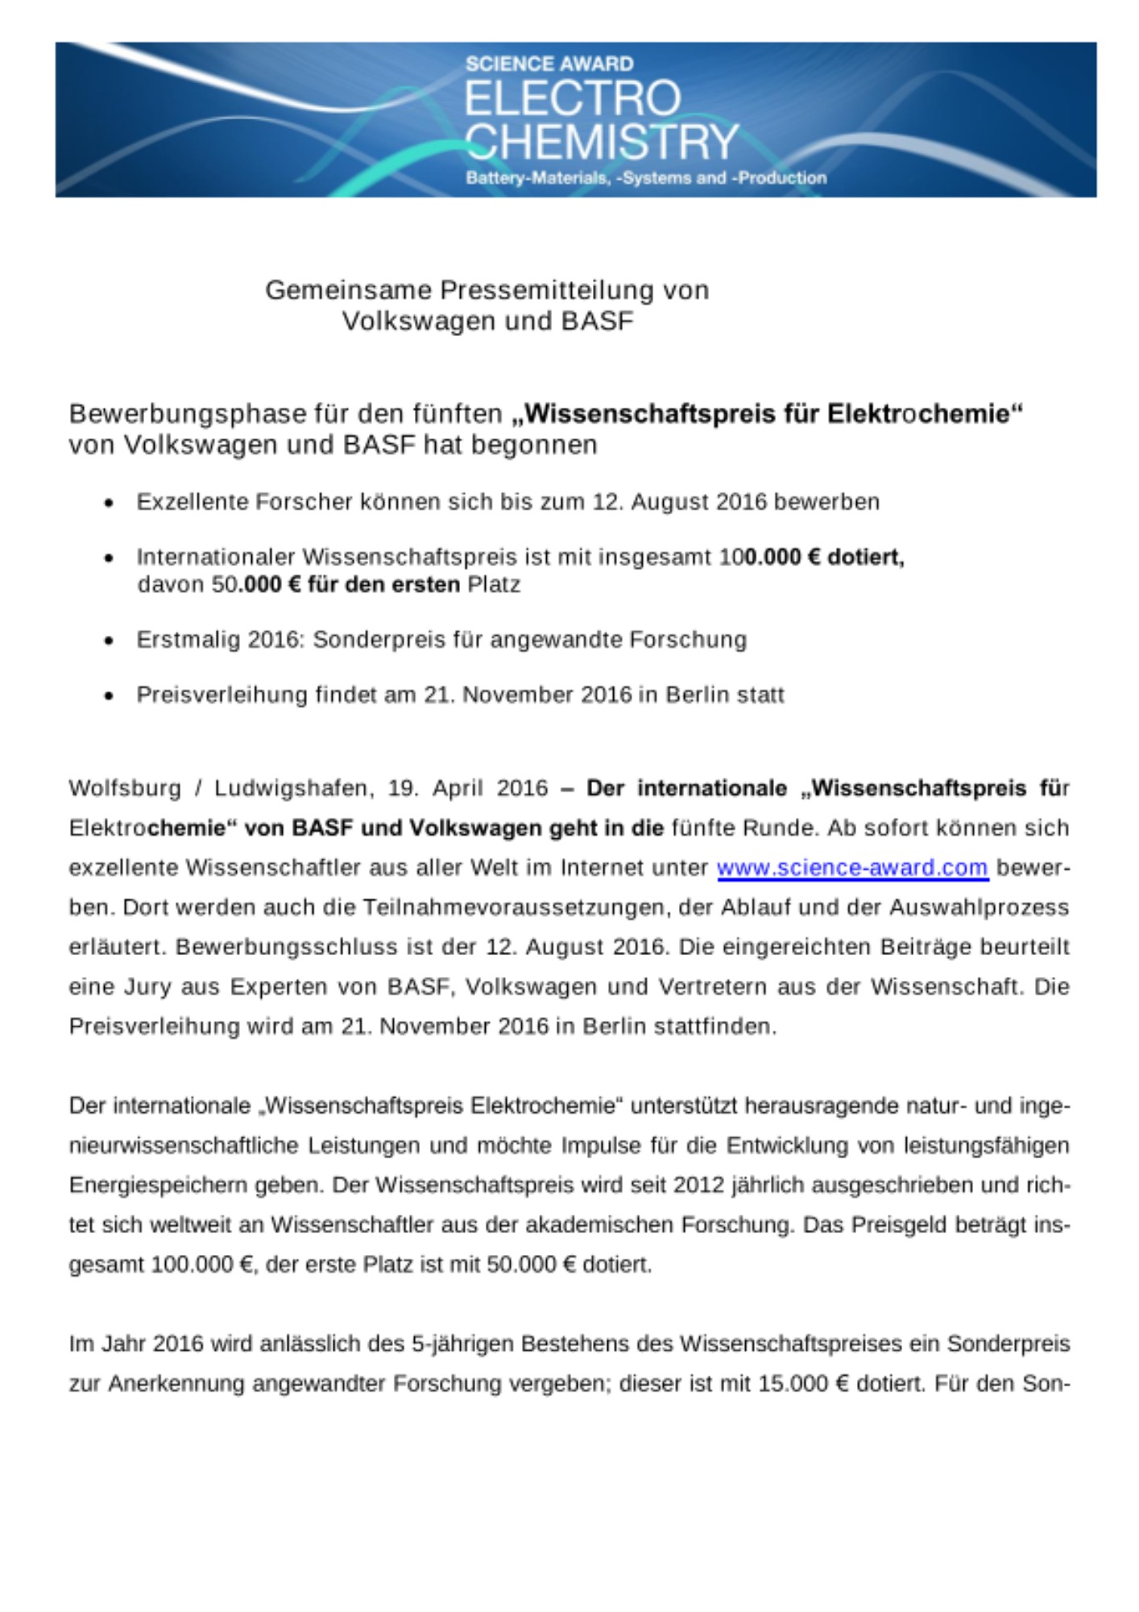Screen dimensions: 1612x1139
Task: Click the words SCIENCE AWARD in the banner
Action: tap(549, 64)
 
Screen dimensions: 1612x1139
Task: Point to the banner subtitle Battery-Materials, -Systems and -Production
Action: tap(646, 178)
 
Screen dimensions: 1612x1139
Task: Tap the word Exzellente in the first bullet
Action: tap(193, 502)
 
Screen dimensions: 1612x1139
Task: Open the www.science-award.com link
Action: tap(852, 867)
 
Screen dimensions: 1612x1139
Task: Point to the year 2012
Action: tap(699, 1186)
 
